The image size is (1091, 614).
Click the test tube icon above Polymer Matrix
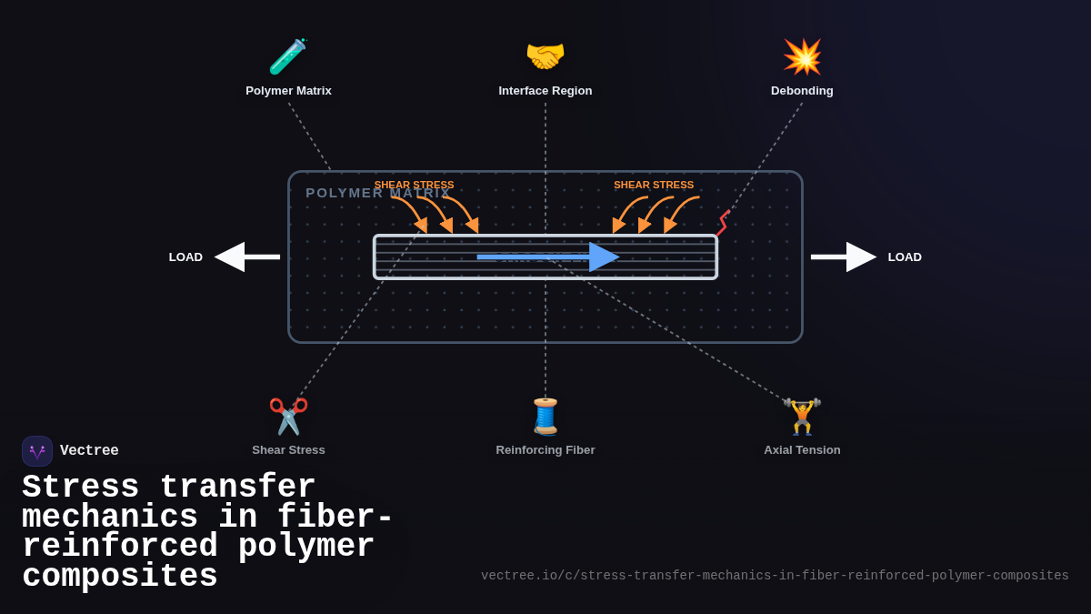[288, 56]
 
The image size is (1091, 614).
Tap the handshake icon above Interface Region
[545, 56]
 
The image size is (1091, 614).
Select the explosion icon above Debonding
[802, 56]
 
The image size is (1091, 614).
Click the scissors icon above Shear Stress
[288, 416]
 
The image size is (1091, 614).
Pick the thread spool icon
[545, 416]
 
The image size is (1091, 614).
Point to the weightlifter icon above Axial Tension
[802, 416]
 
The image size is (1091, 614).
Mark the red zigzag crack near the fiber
[723, 223]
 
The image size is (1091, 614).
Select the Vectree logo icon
[37, 451]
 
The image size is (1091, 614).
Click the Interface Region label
[545, 91]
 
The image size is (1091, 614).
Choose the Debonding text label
[802, 91]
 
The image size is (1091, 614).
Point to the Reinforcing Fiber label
[545, 450]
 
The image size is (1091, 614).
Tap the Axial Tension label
[802, 450]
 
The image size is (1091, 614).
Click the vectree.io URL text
[775, 576]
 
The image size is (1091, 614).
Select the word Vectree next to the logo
[89, 451]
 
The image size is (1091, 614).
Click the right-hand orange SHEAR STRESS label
[654, 185]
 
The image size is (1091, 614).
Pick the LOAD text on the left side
[185, 257]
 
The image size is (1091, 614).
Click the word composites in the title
[120, 577]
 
